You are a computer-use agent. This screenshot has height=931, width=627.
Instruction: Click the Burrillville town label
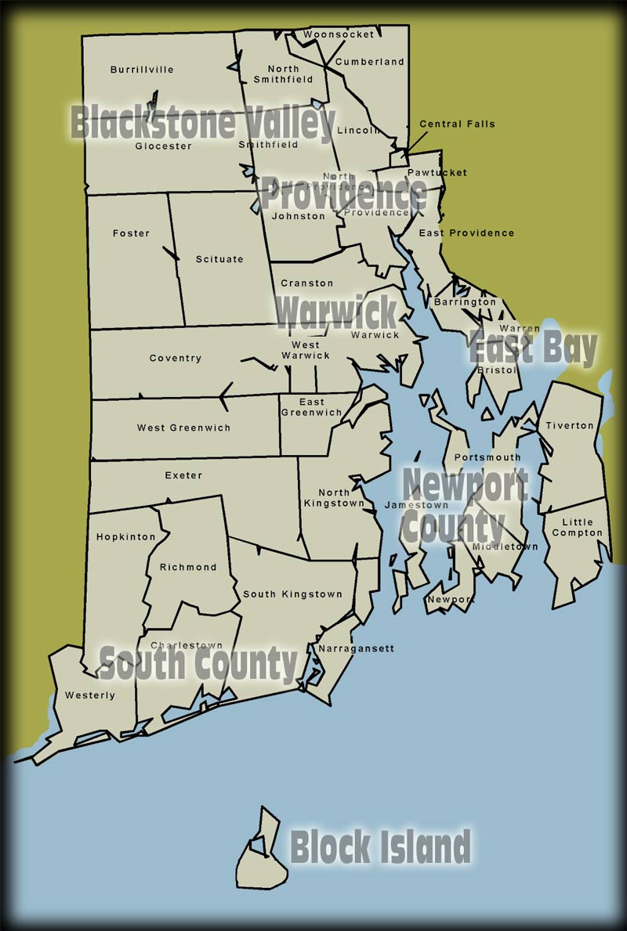point(142,70)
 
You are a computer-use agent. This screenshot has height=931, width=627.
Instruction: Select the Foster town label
point(131,233)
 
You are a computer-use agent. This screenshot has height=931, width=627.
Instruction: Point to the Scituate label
point(219,259)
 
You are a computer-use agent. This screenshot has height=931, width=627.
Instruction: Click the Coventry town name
point(176,359)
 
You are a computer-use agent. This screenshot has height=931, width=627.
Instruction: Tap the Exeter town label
point(183,475)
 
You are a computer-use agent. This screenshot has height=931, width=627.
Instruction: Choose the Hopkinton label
point(120,537)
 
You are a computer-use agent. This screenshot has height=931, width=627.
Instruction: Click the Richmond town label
point(187,568)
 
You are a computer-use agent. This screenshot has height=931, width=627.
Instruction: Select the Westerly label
point(89,695)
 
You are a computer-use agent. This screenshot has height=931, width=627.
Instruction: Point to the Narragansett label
point(345,648)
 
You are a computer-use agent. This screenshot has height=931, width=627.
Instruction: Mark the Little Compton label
point(578,528)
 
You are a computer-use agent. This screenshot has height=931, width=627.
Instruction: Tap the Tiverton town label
point(570,426)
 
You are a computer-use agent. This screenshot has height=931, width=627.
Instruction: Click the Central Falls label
point(457,124)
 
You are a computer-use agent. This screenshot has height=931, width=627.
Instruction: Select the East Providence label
point(466,233)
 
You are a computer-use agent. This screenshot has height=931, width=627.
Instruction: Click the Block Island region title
point(380,847)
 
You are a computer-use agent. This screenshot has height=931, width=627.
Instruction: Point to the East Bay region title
point(533,348)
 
